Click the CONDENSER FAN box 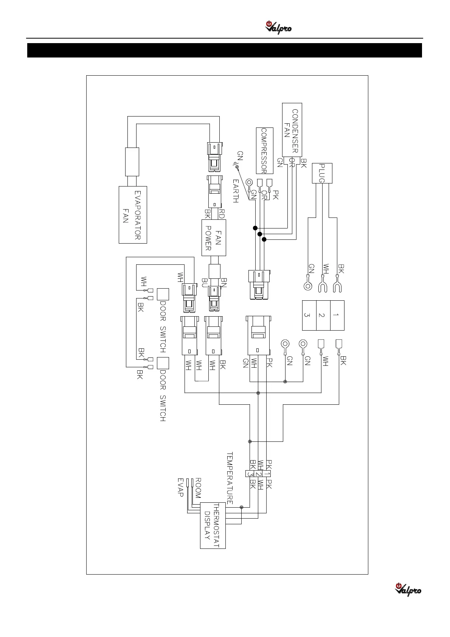click(x=292, y=129)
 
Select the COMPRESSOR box click(x=264, y=150)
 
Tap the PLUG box click(x=322, y=173)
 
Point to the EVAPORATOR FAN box click(x=133, y=214)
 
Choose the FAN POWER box click(x=214, y=238)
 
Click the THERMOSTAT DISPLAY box click(x=213, y=525)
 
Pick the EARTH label click(x=236, y=191)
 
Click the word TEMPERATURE click(x=230, y=477)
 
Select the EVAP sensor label click(x=181, y=488)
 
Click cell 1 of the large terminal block click(x=337, y=315)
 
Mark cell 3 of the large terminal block click(x=309, y=315)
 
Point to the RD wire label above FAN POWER click(x=222, y=214)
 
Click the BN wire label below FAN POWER click(x=223, y=283)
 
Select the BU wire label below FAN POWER click(x=205, y=283)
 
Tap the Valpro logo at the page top click(x=279, y=28)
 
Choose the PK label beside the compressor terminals click(x=275, y=196)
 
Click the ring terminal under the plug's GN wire click(x=308, y=286)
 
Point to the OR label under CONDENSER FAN click(x=292, y=162)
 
